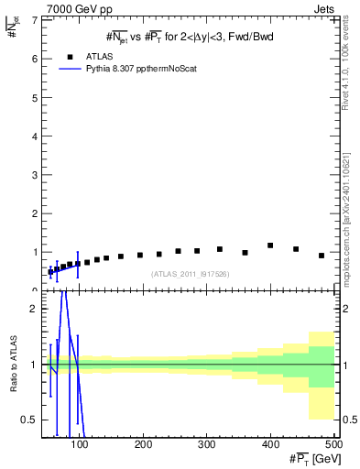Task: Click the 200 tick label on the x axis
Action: coord(143,445)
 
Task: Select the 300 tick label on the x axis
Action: coord(206,445)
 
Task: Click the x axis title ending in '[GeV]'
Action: coord(310,459)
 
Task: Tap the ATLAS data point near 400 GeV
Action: coord(270,245)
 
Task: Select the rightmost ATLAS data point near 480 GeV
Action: coord(322,256)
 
